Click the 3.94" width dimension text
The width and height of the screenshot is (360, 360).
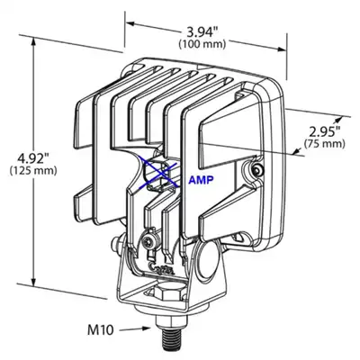(x=202, y=31)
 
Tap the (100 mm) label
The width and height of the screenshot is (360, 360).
(x=202, y=44)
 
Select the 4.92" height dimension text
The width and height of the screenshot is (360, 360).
(x=33, y=157)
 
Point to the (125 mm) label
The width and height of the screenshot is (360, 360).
(x=33, y=171)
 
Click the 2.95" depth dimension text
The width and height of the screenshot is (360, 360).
(x=325, y=131)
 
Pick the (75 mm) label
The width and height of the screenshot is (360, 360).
(x=324, y=144)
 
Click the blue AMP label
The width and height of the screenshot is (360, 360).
(x=201, y=180)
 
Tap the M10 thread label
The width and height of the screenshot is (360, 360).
(x=101, y=330)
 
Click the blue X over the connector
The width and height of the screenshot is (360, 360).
(x=159, y=175)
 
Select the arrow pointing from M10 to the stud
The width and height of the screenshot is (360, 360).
(x=134, y=329)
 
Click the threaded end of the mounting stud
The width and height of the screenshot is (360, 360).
(x=170, y=337)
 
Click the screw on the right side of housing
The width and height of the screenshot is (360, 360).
(x=257, y=170)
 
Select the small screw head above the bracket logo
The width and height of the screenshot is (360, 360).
(x=148, y=241)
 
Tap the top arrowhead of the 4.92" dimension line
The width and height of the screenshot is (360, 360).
(x=33, y=42)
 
